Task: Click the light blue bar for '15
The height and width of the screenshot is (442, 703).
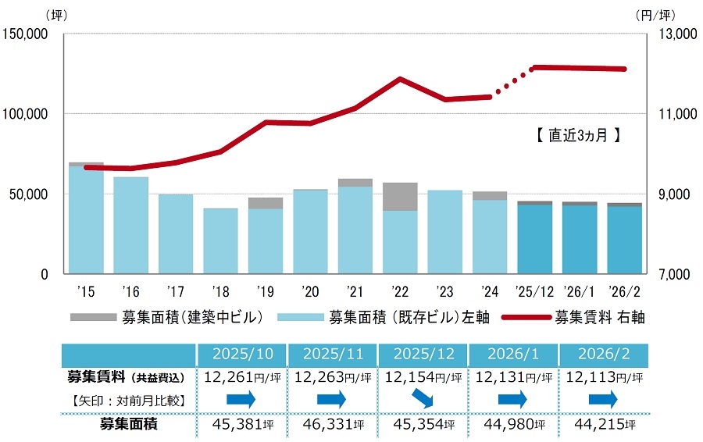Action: point(86,220)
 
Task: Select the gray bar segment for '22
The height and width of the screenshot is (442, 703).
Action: point(400,197)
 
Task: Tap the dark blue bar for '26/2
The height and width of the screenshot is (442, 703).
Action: point(625,240)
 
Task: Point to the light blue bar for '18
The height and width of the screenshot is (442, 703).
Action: point(220,241)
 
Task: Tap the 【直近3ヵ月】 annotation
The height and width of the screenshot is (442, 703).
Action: point(579,135)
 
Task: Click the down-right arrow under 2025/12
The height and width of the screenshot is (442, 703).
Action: point(423,401)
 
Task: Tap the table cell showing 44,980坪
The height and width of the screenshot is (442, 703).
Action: point(513,426)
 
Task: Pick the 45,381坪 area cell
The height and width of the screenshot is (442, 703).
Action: point(243,426)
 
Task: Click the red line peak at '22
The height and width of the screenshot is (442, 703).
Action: point(400,79)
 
